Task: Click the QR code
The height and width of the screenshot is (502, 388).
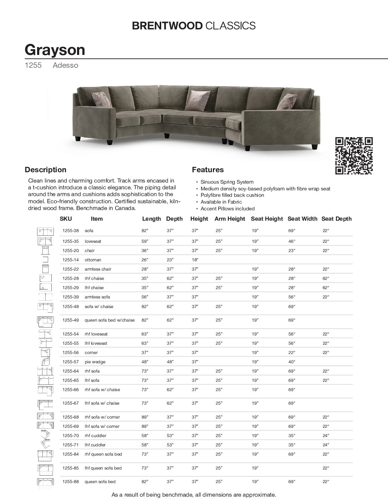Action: (354, 156)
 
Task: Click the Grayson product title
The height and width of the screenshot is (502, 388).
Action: (55, 50)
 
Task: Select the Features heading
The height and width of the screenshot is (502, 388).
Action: (208, 170)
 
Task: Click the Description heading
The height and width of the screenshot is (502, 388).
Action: (45, 170)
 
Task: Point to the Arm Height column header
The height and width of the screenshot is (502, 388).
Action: (230, 219)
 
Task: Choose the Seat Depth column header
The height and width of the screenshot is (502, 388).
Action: (336, 219)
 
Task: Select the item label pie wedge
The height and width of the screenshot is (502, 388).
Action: (95, 362)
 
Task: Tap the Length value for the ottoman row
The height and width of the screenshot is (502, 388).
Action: (145, 260)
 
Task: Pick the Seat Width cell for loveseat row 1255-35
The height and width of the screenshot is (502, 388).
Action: (292, 241)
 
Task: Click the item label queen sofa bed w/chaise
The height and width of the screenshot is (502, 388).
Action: (109, 320)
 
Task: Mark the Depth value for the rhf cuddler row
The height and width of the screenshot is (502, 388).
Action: (170, 436)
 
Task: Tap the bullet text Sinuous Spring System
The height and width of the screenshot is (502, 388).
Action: (227, 182)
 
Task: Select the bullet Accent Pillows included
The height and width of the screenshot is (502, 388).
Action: (228, 209)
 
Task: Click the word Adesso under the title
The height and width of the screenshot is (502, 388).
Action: (65, 66)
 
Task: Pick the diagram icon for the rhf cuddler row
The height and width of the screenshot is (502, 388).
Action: (45, 436)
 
